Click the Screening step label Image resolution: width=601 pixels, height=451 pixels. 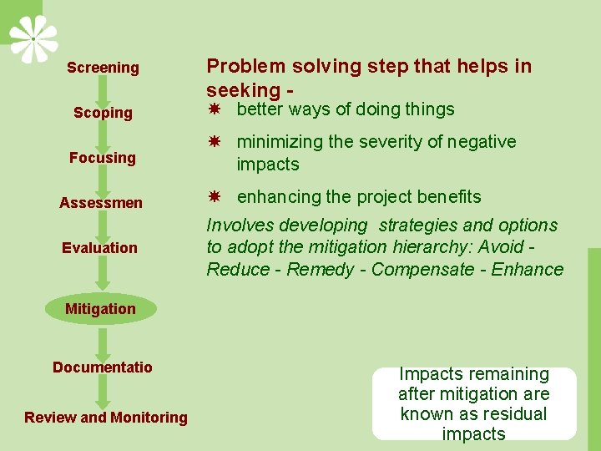coord(103,68)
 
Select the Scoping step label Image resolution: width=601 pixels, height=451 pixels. coord(103,113)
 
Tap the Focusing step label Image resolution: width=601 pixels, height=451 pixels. coord(103,158)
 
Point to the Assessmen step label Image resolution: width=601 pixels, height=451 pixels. coord(101,203)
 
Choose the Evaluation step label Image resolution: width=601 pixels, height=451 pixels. coord(99,248)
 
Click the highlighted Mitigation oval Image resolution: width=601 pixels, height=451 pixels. coord(100,309)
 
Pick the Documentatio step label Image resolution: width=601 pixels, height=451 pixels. coord(103,367)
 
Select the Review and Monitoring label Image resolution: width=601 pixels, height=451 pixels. coord(106,418)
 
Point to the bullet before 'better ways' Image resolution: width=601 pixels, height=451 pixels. coord(215,109)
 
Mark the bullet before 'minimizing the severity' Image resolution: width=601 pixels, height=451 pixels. coord(215,143)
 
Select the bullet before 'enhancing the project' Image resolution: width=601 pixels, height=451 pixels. coord(215,197)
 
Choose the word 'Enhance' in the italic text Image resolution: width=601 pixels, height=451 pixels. coord(528,270)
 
